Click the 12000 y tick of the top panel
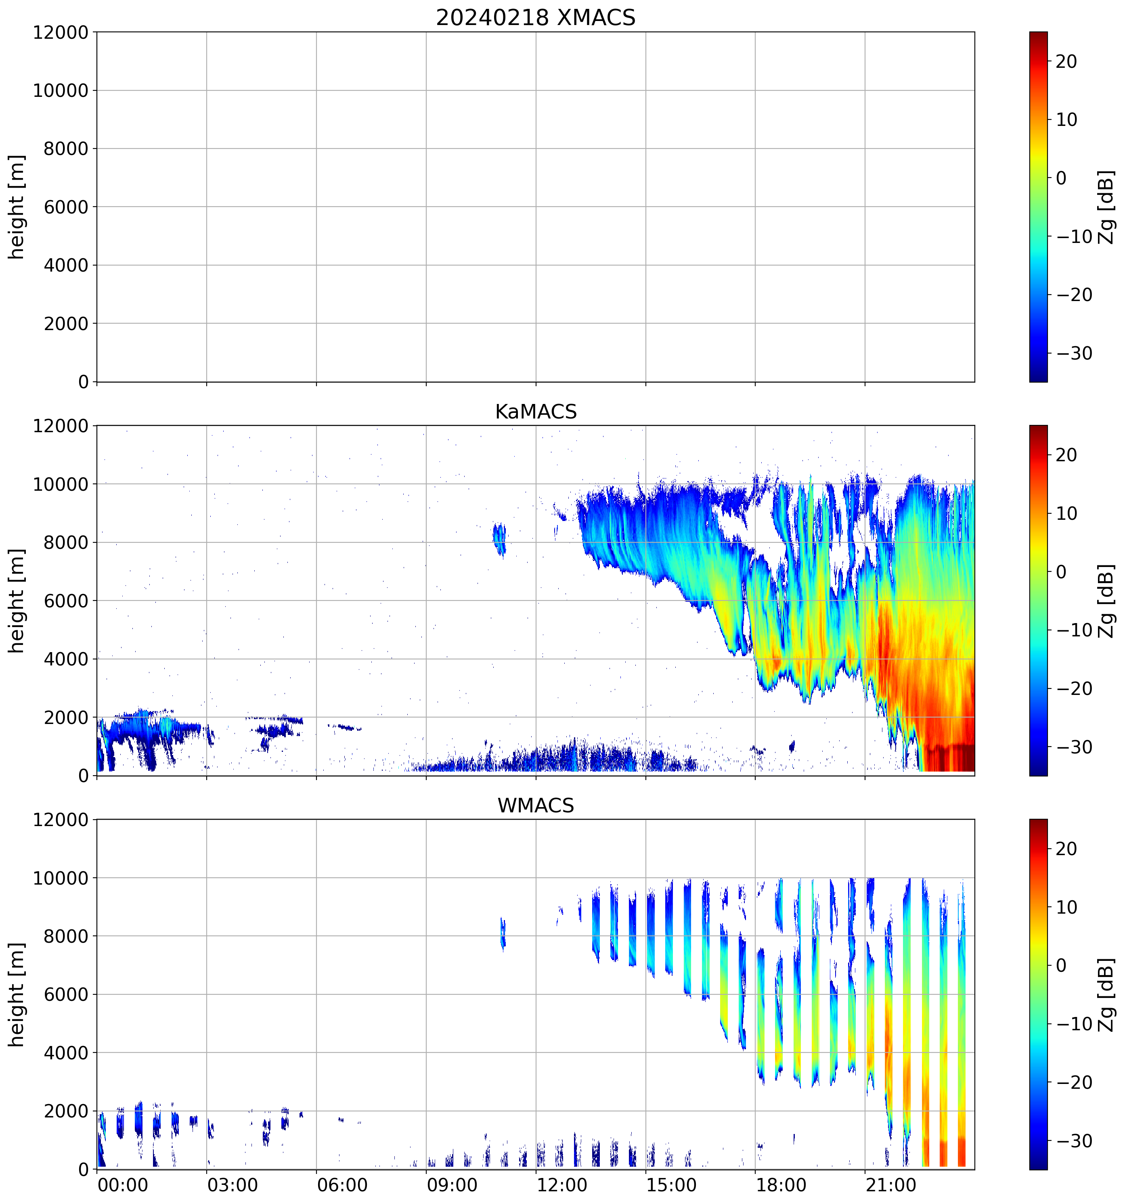61,33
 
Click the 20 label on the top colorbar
1066,62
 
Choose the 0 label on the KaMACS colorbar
1061,572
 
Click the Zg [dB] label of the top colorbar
1106,207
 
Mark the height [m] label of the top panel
17,207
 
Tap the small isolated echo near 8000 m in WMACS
502,934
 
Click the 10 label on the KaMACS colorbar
1066,514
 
